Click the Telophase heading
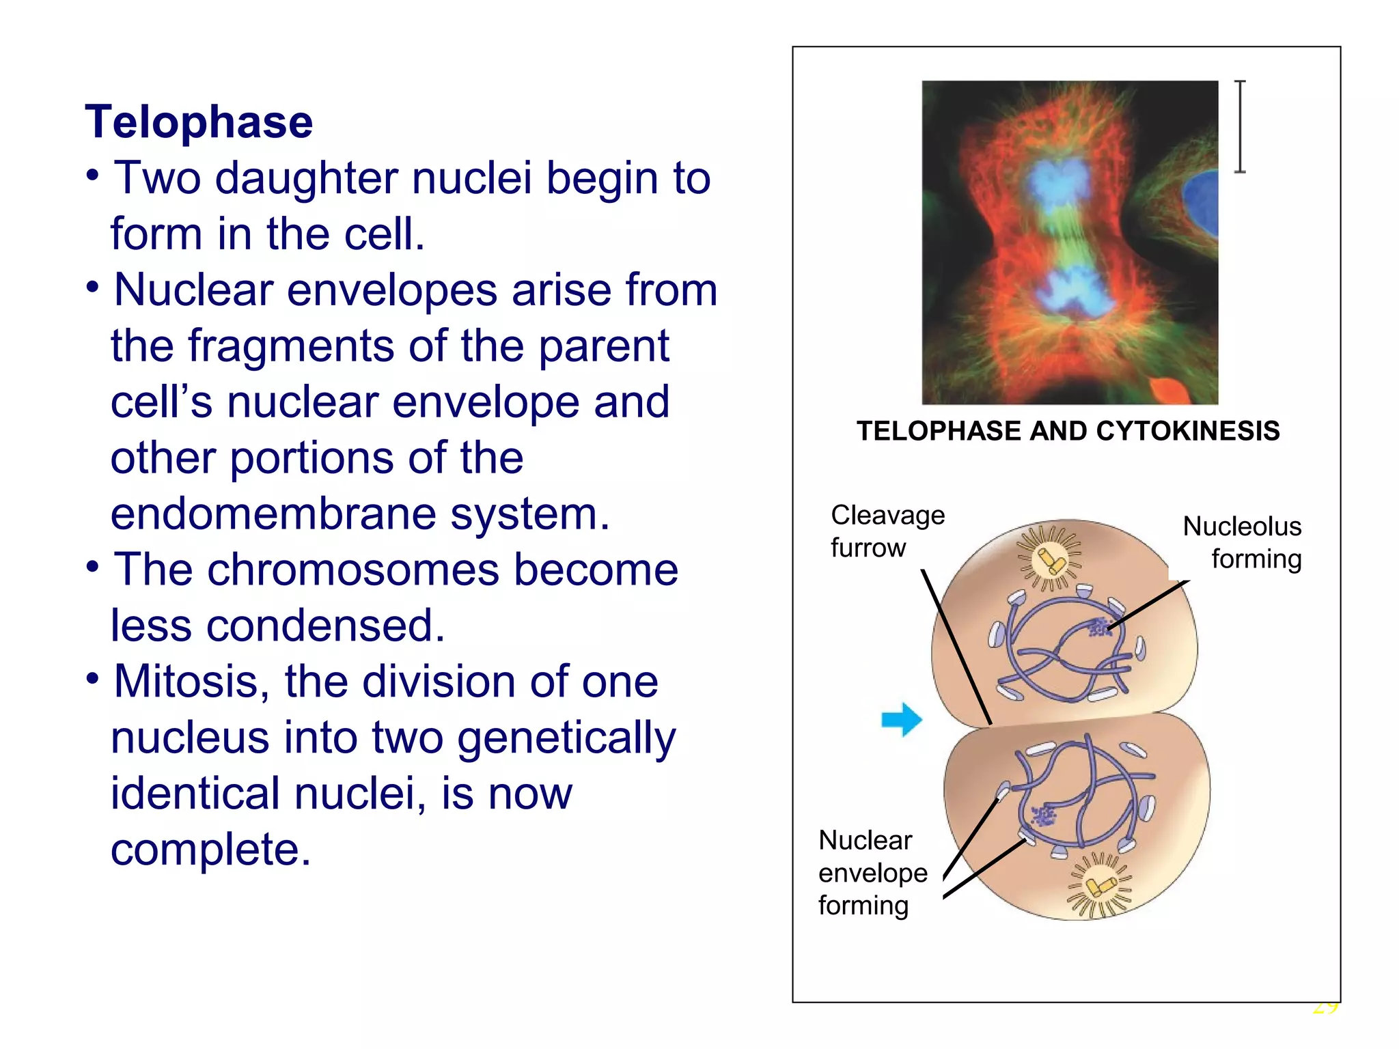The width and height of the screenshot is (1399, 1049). (199, 122)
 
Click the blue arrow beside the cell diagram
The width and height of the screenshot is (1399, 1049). (902, 719)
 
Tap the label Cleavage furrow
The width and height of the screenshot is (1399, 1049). (887, 531)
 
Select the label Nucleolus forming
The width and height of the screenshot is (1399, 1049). (1242, 542)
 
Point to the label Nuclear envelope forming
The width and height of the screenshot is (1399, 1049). (872, 873)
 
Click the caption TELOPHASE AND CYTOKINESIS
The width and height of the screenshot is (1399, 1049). (1068, 432)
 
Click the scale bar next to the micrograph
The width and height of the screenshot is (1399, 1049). (1240, 126)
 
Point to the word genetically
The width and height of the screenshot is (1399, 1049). (566, 738)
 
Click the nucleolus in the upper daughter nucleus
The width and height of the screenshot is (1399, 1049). (1098, 627)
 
